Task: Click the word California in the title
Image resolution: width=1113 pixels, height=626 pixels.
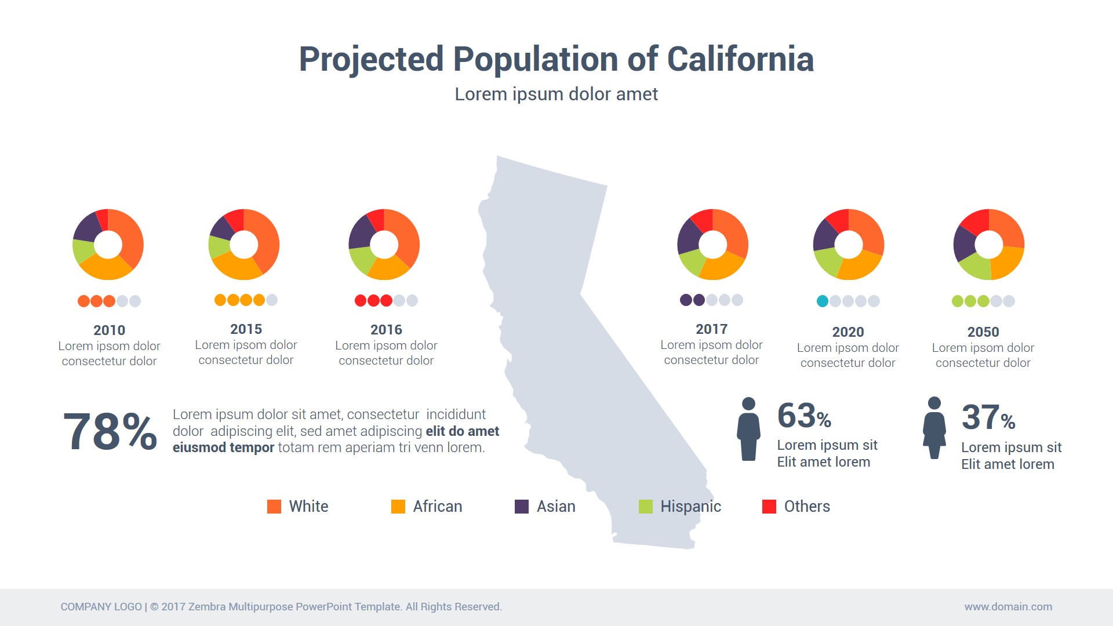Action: tap(740, 59)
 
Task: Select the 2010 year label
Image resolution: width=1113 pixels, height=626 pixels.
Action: tap(109, 330)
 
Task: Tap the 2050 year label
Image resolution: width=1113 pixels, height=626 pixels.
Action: tap(983, 332)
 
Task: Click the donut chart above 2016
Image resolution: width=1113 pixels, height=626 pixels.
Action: tap(384, 244)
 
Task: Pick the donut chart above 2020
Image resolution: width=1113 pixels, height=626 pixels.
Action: tap(849, 244)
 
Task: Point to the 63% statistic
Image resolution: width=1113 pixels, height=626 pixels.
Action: tap(804, 416)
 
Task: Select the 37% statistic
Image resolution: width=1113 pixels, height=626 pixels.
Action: tap(988, 418)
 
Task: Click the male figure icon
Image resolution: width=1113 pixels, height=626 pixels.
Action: tap(748, 429)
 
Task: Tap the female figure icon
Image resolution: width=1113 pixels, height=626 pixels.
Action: tap(934, 428)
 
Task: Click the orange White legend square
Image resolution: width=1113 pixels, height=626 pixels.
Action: tap(274, 507)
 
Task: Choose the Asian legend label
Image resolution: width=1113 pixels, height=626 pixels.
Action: tap(556, 507)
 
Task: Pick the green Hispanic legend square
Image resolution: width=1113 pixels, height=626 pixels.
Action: tap(645, 507)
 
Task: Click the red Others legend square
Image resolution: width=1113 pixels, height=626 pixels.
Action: tap(769, 507)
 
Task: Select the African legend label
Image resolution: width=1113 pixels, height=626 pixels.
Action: tap(438, 507)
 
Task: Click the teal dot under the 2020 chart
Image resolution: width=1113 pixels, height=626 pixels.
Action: tap(822, 301)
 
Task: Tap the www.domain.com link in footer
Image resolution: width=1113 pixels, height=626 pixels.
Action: tap(1008, 607)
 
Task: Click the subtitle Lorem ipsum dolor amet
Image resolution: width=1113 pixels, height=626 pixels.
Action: tap(556, 94)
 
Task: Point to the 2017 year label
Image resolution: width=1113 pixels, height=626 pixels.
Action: tap(711, 329)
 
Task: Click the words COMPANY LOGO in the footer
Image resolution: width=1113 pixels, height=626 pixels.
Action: tap(101, 607)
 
